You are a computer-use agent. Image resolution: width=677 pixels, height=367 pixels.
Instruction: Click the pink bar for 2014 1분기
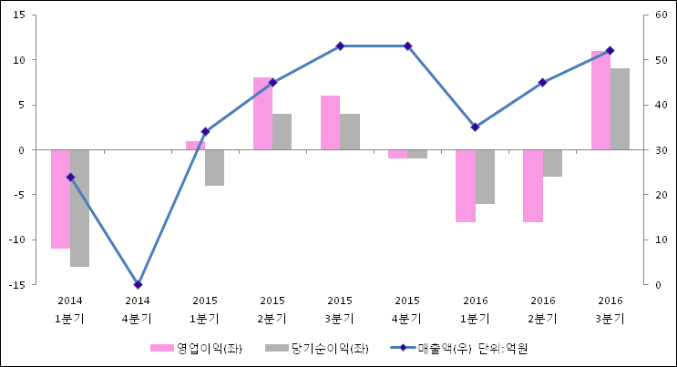point(60,199)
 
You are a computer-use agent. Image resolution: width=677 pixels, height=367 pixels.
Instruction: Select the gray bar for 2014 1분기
point(79,208)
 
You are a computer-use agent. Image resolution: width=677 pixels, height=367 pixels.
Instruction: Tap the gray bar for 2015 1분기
point(214,168)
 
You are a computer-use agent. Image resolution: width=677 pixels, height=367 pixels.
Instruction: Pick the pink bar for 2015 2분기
point(262,114)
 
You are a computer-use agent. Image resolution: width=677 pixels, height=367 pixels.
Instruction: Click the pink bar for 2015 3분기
point(330,123)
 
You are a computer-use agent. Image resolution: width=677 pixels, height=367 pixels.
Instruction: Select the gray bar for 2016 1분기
point(485,177)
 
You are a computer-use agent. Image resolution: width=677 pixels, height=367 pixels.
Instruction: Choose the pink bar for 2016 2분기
point(532,186)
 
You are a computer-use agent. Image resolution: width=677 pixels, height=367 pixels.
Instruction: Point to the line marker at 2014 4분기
point(138,285)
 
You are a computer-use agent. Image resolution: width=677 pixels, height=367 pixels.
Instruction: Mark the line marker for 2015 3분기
point(340,46)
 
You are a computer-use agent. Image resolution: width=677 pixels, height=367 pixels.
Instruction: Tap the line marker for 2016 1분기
point(475,127)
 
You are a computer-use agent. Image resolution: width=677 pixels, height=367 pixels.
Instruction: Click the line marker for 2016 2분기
point(542,82)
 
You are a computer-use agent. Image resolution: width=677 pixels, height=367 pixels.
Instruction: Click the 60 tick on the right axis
point(654,15)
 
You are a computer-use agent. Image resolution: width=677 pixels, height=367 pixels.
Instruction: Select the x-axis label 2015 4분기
point(407,310)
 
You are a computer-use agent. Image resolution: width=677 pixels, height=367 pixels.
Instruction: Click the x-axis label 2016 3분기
point(610,310)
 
